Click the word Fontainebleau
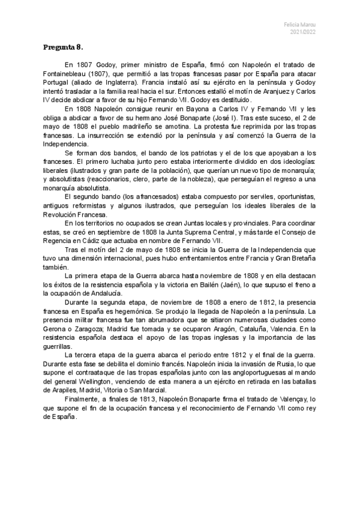click(67, 73)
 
